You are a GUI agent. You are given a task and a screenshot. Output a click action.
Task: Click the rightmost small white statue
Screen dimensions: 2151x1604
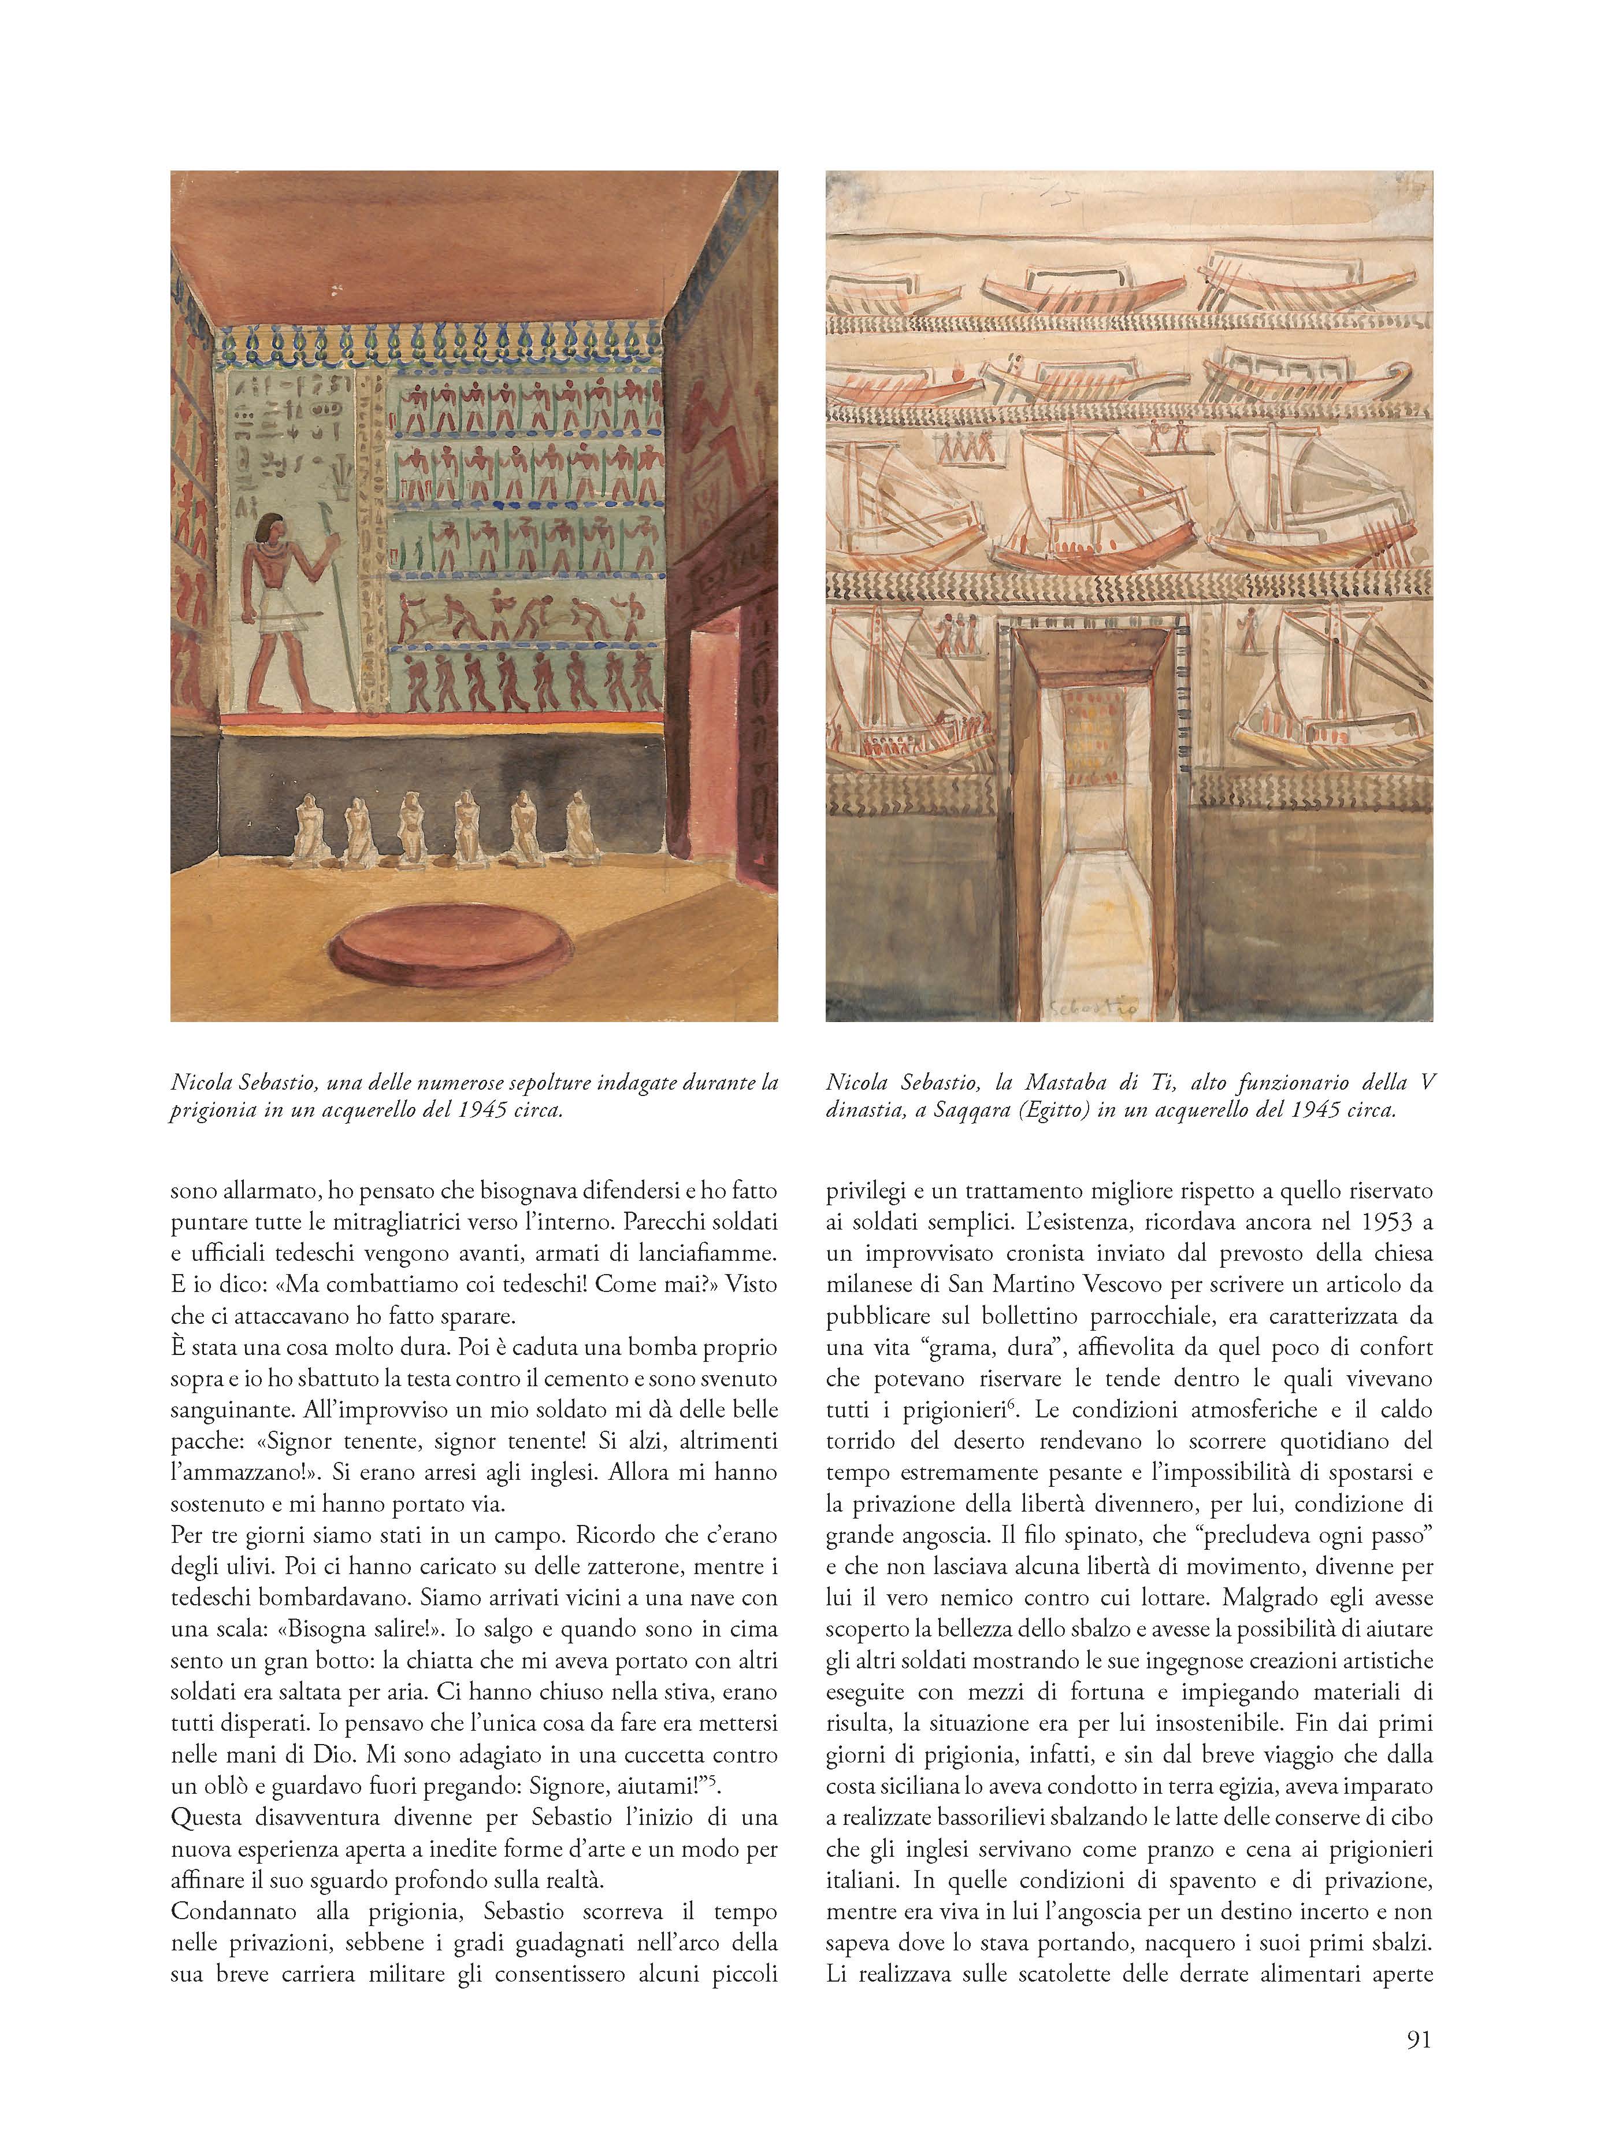580,827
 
